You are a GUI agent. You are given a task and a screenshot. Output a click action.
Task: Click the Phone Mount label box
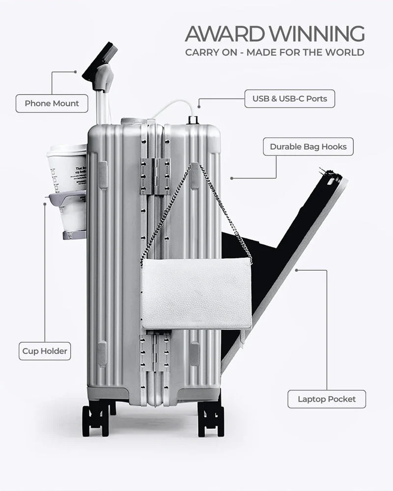[x=52, y=104]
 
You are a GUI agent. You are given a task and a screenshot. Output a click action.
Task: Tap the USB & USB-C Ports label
[x=289, y=99]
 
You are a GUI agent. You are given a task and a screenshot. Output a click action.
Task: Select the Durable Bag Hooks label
[x=308, y=146]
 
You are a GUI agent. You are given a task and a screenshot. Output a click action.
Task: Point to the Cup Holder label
[x=45, y=351]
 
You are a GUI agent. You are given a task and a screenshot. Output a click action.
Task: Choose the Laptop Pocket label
[x=327, y=399]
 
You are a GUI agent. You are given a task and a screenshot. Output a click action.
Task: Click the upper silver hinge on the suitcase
[x=155, y=176]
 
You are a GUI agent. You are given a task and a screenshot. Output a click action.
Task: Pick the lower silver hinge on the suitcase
[x=155, y=353]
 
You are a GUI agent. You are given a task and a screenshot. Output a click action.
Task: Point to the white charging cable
[x=172, y=105]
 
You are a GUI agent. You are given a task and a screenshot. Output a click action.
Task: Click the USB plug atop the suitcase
[x=192, y=119]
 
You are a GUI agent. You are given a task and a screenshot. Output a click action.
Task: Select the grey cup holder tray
[x=69, y=199]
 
